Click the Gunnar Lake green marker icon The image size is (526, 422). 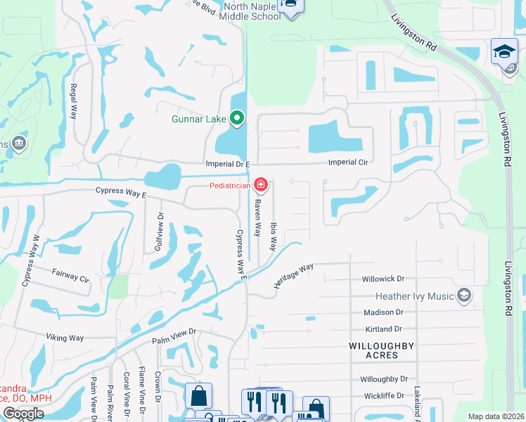click(238, 119)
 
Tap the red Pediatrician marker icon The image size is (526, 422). click(261, 186)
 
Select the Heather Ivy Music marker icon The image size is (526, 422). click(463, 296)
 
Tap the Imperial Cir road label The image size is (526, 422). click(349, 162)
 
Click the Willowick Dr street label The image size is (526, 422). click(384, 279)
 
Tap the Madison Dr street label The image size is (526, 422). click(383, 312)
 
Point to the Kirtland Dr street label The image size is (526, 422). click(383, 328)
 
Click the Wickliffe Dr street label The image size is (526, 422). click(384, 395)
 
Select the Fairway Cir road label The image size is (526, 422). click(71, 274)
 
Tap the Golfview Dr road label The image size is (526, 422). click(159, 232)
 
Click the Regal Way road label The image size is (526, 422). click(73, 102)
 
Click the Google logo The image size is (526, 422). click(23, 414)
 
